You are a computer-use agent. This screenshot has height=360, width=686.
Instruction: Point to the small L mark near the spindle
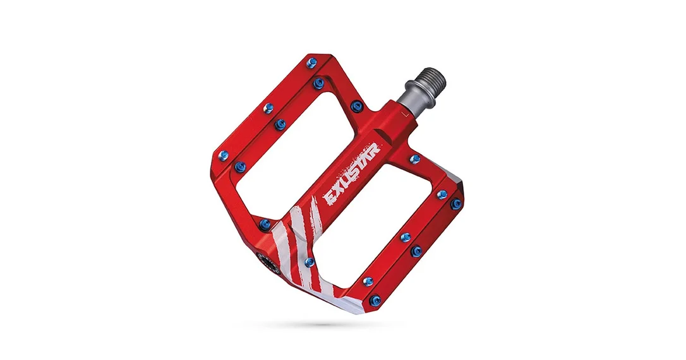pos(406,114)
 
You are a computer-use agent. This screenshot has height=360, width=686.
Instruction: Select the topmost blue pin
pos(312,62)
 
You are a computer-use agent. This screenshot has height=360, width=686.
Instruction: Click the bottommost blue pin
pos(375,301)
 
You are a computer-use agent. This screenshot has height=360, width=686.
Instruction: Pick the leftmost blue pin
pos(224,154)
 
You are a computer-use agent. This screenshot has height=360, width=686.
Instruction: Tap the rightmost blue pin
pos(456,203)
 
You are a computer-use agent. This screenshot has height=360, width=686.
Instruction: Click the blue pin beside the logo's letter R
pos(414,159)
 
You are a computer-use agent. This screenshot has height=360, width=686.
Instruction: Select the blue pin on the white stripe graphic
pos(310,263)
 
